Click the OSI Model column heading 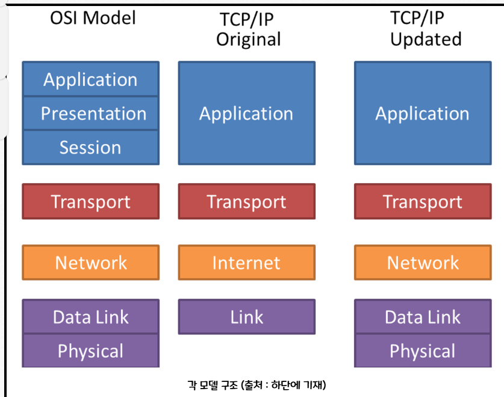tap(93, 17)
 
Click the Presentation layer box tap(91, 113)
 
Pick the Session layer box tap(91, 148)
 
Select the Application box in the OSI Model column tap(91, 80)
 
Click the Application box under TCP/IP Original tap(246, 113)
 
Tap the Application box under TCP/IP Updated tap(422, 113)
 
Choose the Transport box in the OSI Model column tap(91, 202)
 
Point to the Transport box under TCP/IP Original tap(246, 202)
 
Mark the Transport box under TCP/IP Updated tap(422, 202)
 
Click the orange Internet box tap(246, 263)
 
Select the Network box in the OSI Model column tap(91, 263)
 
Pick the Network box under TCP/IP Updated tap(422, 263)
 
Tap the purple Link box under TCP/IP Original tap(246, 317)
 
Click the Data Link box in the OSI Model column tap(91, 317)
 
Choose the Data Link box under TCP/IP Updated tap(422, 317)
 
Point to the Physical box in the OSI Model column tap(91, 351)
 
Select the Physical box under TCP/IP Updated tap(422, 351)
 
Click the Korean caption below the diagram tap(257, 384)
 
